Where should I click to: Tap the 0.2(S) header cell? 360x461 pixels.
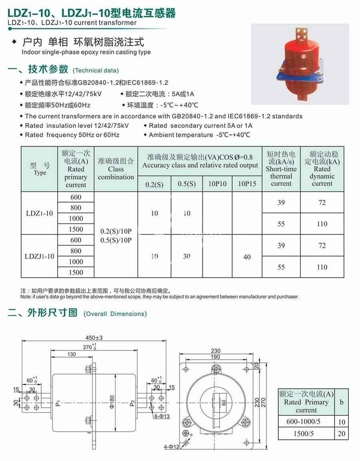154,184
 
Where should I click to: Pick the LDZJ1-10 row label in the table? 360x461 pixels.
39,256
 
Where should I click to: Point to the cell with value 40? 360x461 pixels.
247,257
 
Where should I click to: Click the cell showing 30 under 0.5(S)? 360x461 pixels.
187,257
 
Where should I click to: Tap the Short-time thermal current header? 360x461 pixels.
281,168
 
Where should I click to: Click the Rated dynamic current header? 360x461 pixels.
322,168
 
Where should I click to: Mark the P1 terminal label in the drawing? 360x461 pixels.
58,403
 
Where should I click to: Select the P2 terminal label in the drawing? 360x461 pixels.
132,403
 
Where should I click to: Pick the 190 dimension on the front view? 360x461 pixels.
216,357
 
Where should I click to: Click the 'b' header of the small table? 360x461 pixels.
341,402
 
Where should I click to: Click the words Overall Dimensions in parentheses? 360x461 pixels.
115,314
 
